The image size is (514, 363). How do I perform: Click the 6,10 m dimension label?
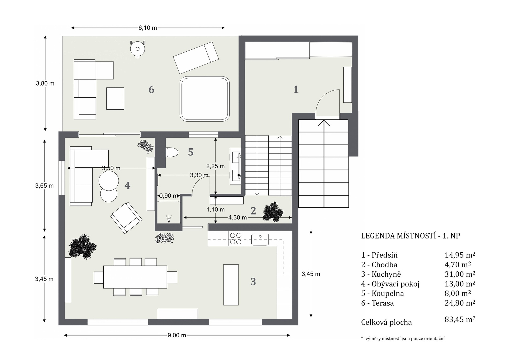(148, 28)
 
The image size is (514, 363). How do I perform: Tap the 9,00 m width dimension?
(177, 335)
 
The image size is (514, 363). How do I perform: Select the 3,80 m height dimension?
(45, 83)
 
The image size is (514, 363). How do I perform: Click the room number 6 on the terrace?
(151, 90)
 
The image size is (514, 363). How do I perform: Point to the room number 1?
(296, 90)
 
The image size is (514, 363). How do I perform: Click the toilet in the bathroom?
(172, 152)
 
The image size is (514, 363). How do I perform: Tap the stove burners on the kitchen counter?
(236, 238)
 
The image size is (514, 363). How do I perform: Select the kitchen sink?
(260, 239)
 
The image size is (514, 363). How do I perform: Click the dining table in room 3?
(135, 277)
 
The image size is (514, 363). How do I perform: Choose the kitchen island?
(231, 285)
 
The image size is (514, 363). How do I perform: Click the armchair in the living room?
(126, 218)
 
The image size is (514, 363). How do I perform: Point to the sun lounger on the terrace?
(196, 57)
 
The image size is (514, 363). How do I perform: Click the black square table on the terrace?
(115, 99)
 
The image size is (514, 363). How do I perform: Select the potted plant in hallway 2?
(273, 212)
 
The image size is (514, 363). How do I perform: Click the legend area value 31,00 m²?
(460, 274)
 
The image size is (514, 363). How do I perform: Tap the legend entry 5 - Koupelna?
(382, 293)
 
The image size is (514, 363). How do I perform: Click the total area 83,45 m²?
(460, 319)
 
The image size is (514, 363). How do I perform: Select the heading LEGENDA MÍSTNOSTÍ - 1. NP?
(410, 236)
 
